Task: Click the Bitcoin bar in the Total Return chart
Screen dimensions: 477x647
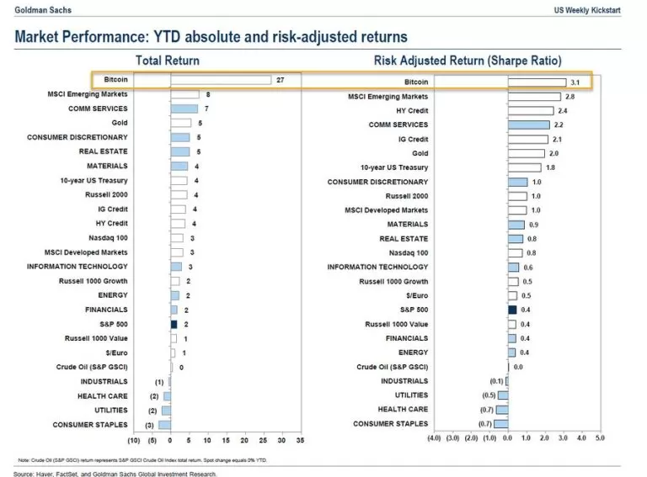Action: click(x=221, y=80)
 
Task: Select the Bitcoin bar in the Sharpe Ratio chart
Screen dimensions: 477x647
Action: click(x=536, y=82)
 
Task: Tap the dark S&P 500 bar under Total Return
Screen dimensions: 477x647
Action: click(x=174, y=323)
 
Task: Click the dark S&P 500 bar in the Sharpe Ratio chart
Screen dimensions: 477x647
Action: click(x=511, y=309)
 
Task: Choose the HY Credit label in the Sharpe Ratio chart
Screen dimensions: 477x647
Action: click(x=412, y=110)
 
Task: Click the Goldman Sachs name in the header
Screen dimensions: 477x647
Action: click(x=41, y=8)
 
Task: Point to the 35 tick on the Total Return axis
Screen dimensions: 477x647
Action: click(x=301, y=440)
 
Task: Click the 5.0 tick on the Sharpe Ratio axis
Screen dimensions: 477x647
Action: click(x=600, y=438)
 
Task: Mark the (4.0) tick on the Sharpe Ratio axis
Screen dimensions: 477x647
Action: click(x=435, y=438)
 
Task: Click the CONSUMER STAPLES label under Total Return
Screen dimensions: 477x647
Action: click(x=90, y=425)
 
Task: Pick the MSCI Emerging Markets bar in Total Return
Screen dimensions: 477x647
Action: click(x=184, y=94)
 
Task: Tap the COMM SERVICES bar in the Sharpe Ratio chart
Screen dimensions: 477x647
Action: click(x=528, y=125)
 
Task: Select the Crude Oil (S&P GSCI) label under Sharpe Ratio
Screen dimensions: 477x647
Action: click(x=392, y=367)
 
